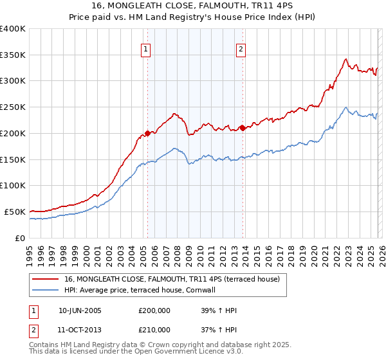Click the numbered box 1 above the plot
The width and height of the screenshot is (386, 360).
click(145, 49)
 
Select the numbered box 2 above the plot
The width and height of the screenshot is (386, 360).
click(241, 49)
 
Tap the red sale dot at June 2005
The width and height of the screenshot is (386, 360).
click(147, 133)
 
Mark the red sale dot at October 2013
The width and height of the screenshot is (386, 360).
click(243, 128)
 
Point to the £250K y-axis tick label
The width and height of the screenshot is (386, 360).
click(13, 107)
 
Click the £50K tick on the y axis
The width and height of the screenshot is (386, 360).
click(15, 212)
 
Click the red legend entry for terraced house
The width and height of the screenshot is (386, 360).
click(171, 279)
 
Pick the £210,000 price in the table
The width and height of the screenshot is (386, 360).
click(154, 330)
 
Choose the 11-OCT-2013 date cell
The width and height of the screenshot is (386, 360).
click(80, 330)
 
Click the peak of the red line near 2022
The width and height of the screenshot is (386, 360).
click(345, 59)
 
